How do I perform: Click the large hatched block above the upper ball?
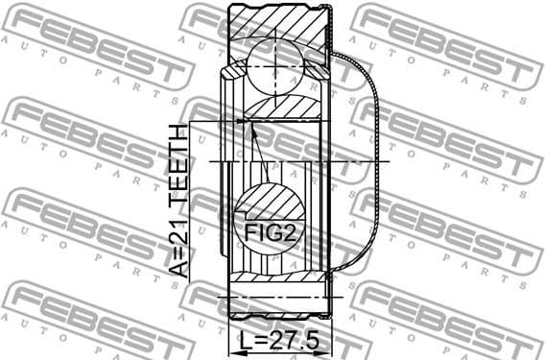278,21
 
